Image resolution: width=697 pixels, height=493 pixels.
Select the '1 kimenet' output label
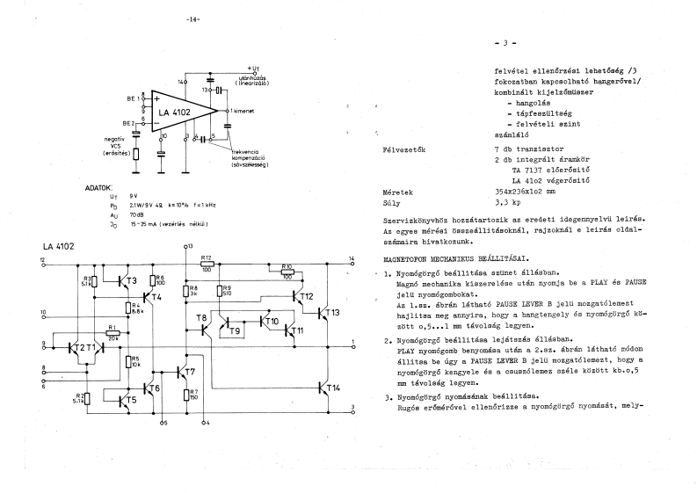point(244,111)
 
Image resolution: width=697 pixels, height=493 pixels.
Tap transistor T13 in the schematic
point(331,314)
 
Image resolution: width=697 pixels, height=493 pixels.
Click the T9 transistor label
point(233,331)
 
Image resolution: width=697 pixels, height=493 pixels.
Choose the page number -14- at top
point(193,19)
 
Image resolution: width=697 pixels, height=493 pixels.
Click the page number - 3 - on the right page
point(507,42)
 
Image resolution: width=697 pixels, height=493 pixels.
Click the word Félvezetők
point(404,149)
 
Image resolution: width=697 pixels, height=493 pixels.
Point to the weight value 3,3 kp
point(506,201)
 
